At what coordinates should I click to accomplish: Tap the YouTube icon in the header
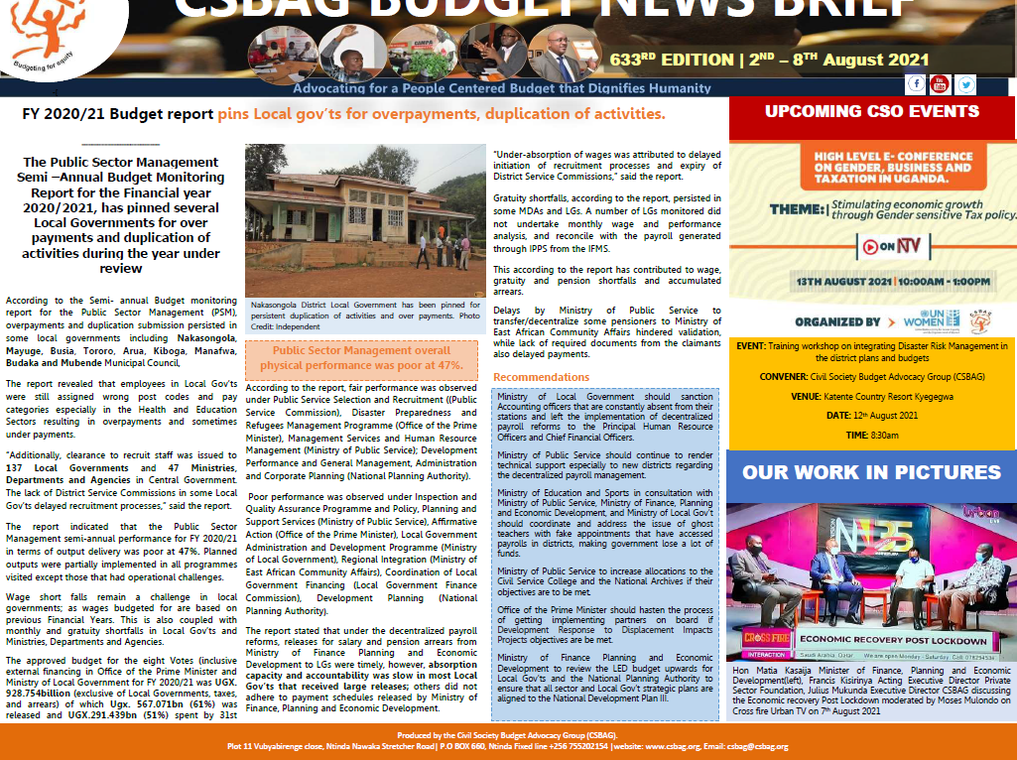(940, 84)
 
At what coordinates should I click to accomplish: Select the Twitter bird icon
(964, 84)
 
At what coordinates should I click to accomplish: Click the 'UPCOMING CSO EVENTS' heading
(872, 111)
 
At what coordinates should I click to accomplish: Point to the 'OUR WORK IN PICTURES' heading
(871, 472)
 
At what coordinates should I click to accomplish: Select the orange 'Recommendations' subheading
(541, 377)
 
